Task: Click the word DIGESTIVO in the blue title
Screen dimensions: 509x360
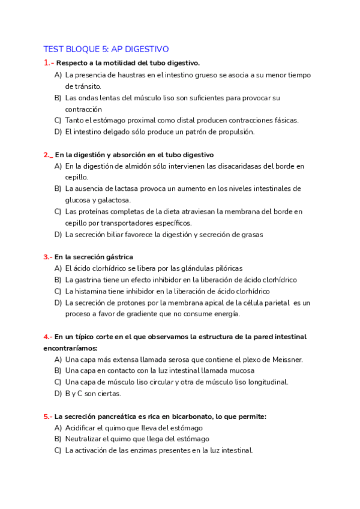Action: tap(148, 49)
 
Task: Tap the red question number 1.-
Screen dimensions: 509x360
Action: tap(49, 62)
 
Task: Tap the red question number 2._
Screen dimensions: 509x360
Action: tap(49, 154)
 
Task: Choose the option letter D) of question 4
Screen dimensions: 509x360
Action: tap(58, 394)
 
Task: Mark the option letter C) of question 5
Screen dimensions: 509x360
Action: tap(58, 451)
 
